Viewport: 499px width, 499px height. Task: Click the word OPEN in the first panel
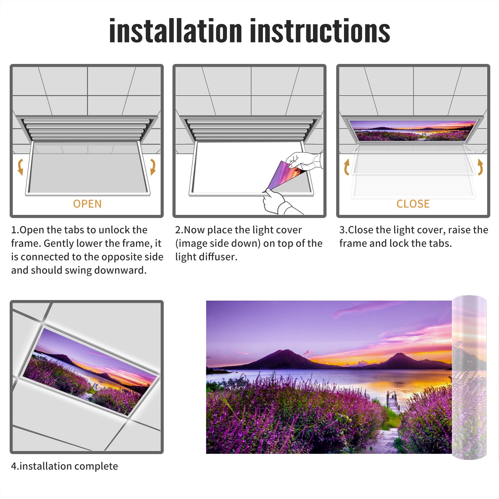(x=87, y=204)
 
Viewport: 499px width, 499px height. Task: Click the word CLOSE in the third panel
(x=413, y=204)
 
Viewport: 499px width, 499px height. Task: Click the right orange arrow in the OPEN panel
(x=153, y=167)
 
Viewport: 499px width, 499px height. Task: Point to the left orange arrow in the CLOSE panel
(x=346, y=167)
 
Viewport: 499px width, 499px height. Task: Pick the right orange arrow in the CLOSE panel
(x=480, y=167)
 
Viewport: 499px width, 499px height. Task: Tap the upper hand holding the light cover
(x=304, y=161)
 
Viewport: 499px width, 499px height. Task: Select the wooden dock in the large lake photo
(x=394, y=403)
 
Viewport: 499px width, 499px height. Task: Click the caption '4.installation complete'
(x=65, y=466)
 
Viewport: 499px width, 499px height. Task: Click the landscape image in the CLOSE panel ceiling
(x=413, y=131)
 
